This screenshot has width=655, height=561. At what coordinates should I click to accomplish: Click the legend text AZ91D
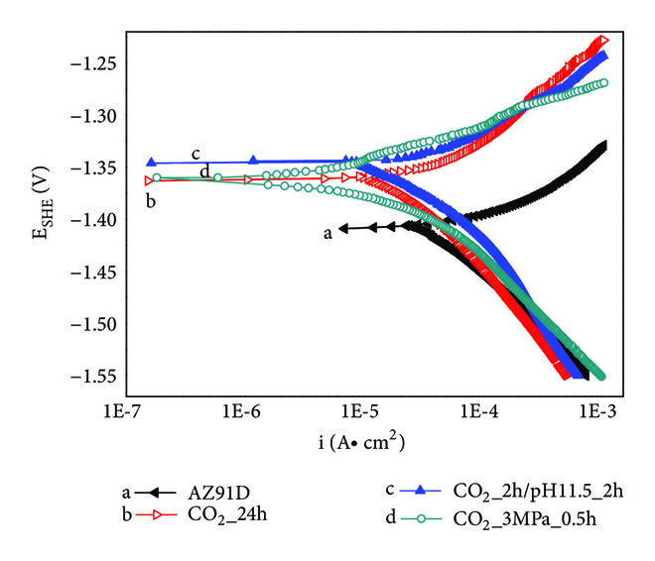pyautogui.click(x=213, y=492)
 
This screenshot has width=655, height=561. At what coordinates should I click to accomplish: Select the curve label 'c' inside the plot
pyautogui.click(x=196, y=154)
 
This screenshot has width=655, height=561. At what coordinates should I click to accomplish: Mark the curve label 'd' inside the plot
pyautogui.click(x=204, y=171)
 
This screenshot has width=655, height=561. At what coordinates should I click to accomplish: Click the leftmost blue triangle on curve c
pyautogui.click(x=151, y=162)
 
